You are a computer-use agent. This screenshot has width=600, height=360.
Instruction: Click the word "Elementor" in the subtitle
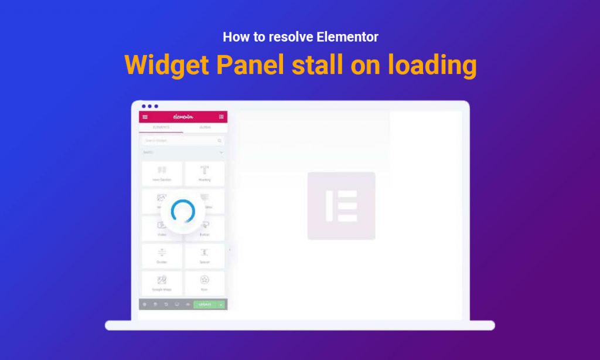pyautogui.click(x=347, y=37)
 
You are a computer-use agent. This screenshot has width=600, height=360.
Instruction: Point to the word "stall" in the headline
pyautogui.click(x=319, y=64)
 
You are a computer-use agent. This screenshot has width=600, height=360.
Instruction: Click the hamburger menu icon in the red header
pyautogui.click(x=145, y=117)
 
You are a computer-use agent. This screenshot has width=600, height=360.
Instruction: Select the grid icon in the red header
pyautogui.click(x=221, y=117)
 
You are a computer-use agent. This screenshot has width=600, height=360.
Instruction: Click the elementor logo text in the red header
pyautogui.click(x=183, y=117)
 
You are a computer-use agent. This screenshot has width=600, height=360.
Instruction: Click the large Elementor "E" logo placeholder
pyautogui.click(x=341, y=205)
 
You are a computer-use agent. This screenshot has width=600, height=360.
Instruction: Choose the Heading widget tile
pyautogui.click(x=204, y=174)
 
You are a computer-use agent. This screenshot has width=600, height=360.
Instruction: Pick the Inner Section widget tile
pyautogui.click(x=162, y=174)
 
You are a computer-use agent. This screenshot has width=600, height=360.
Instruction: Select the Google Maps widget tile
pyautogui.click(x=162, y=283)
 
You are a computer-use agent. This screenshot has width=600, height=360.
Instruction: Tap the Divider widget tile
pyautogui.click(x=162, y=256)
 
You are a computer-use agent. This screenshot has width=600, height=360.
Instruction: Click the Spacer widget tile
pyautogui.click(x=204, y=256)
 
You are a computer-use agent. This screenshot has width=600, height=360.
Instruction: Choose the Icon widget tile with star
pyautogui.click(x=204, y=283)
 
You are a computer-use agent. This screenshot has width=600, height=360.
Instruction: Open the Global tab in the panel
pyautogui.click(x=205, y=127)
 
